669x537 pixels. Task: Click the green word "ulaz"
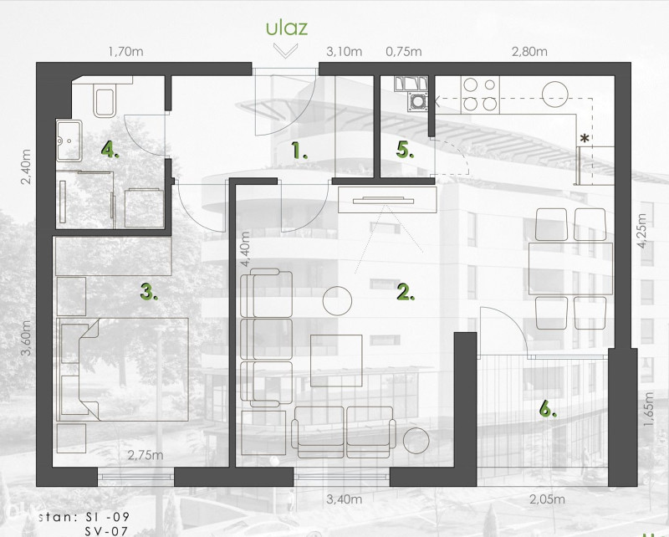[x=287, y=28]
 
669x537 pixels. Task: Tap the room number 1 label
[x=299, y=151]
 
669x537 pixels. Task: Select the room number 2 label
[x=406, y=292]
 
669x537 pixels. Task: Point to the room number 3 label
[x=149, y=293]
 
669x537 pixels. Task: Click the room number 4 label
[x=110, y=150]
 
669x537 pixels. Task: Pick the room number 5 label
[x=405, y=151]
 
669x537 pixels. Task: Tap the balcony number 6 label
[x=548, y=409]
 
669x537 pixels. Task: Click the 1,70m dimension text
[x=126, y=52]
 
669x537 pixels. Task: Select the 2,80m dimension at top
[x=529, y=52]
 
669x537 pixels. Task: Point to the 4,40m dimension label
[x=245, y=249]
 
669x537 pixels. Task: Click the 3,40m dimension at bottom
[x=344, y=499]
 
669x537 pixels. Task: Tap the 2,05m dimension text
[x=547, y=499]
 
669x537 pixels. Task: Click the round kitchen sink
[x=555, y=95]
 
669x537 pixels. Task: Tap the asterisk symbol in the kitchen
[x=585, y=139]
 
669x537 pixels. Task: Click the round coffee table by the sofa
[x=337, y=301]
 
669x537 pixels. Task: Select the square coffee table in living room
[x=336, y=361]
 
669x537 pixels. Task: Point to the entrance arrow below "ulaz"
[x=285, y=50]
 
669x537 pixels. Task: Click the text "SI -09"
[x=107, y=517]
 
